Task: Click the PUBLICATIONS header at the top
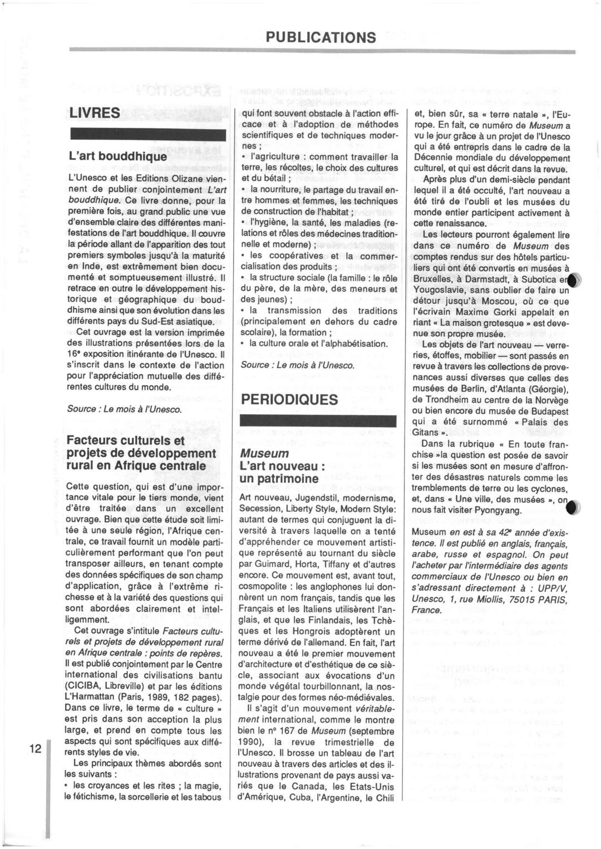[x=321, y=37]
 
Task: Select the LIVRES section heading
[x=95, y=113]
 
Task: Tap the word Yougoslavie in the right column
[x=440, y=290]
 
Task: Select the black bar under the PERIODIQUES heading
[x=317, y=421]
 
